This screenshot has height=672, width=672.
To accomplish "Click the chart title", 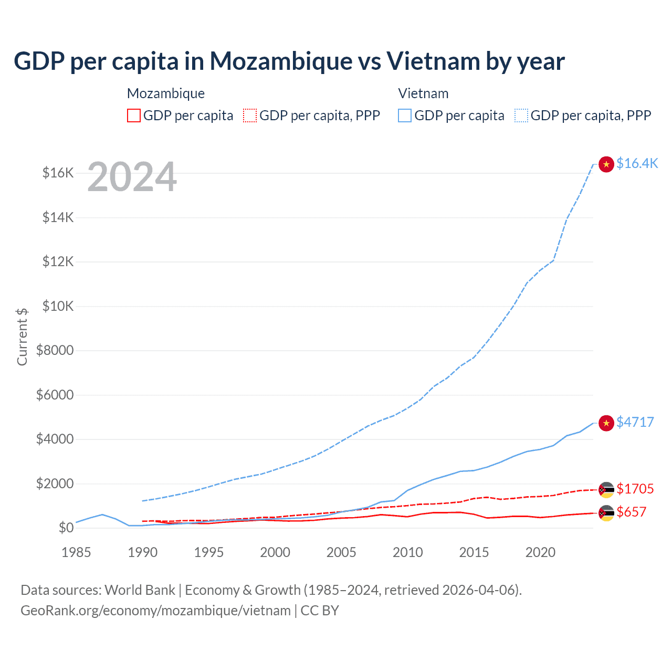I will [x=289, y=61].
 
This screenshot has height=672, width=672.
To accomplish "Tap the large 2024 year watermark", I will [x=132, y=177].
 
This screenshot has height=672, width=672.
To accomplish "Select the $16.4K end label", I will [x=637, y=163].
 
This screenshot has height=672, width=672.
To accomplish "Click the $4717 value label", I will [x=635, y=422].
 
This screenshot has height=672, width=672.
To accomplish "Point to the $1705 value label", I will [x=635, y=489].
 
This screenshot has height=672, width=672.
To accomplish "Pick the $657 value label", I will [x=631, y=512].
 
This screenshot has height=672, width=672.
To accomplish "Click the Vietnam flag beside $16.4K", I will [x=606, y=164].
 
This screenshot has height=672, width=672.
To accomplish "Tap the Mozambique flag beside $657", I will [x=606, y=513].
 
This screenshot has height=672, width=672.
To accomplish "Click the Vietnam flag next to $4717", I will [x=606, y=423].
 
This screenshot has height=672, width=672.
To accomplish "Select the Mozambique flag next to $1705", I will [x=606, y=490].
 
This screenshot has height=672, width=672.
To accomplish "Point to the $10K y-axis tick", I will [x=58, y=306].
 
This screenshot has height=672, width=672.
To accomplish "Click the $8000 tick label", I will [x=55, y=350].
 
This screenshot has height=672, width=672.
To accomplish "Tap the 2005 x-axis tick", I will [x=341, y=552].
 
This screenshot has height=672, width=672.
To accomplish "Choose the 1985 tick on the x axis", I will [x=76, y=552].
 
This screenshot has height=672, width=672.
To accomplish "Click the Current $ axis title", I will [x=22, y=337].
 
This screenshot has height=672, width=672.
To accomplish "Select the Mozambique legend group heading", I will [x=166, y=93].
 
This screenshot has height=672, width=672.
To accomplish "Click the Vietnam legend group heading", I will [x=423, y=93].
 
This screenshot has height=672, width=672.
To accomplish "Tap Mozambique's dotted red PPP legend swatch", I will [x=250, y=115].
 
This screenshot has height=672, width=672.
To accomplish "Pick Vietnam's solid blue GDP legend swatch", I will [x=405, y=115].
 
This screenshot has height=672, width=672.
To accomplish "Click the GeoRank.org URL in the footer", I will [x=155, y=611].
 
